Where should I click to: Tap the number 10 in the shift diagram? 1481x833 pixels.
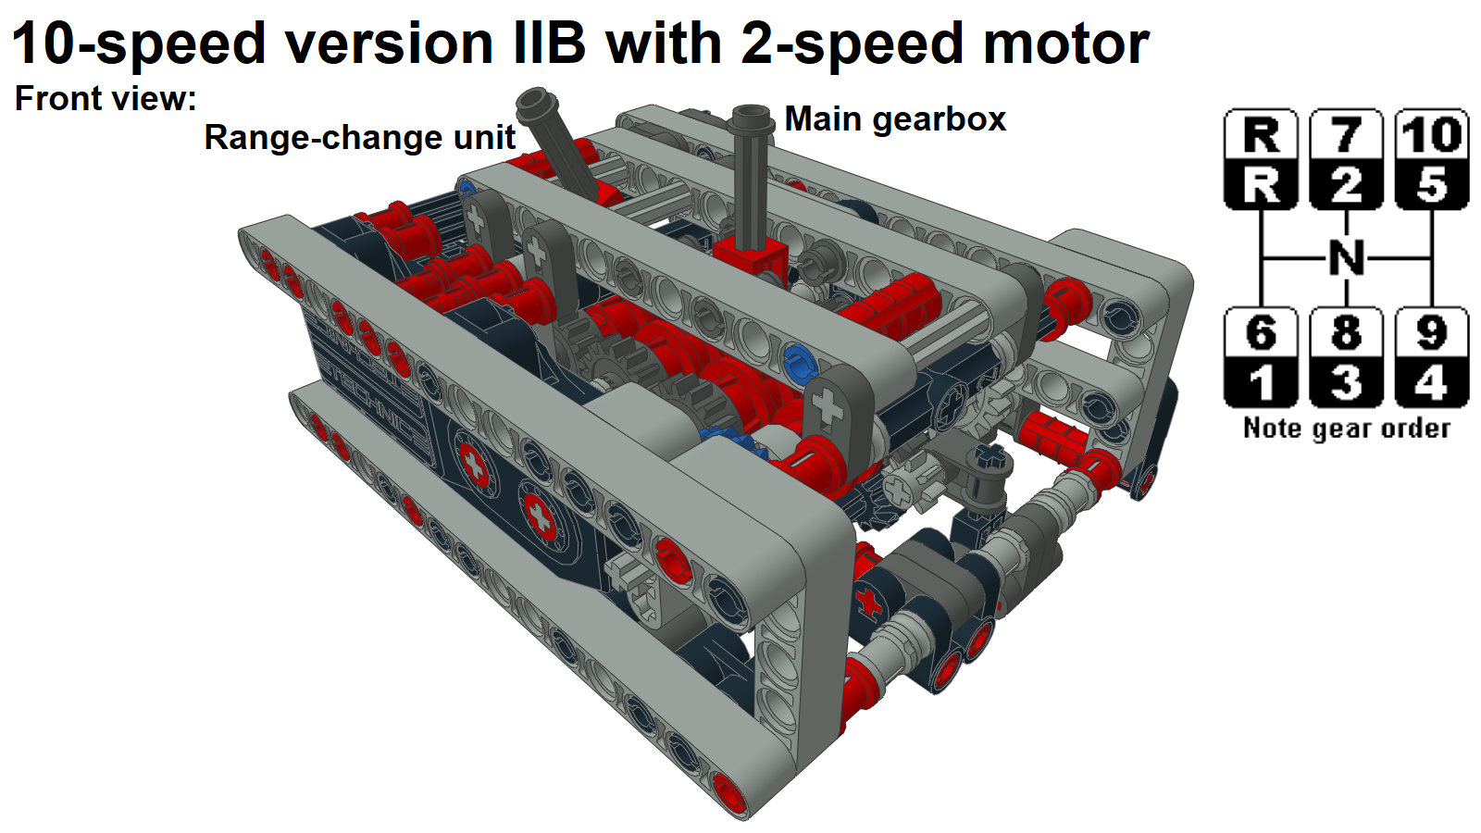coord(1432,134)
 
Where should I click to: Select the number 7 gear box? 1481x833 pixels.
coord(1347,134)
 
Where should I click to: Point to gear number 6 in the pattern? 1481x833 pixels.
coord(1261,332)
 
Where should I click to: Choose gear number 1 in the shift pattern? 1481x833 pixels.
coord(1261,382)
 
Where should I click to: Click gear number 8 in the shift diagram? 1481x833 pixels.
coord(1347,332)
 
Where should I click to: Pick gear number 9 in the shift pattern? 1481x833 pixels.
coord(1432,332)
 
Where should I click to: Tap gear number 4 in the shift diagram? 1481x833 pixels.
coord(1432,382)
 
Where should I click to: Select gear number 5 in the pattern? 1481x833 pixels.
coord(1432,184)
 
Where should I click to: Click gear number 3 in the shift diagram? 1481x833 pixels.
coord(1347,382)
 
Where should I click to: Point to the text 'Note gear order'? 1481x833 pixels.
coord(1347,428)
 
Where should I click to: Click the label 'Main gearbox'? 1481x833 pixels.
coord(895,119)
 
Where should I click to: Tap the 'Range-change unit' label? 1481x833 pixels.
coord(359,138)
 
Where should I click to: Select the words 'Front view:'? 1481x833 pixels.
coord(106,98)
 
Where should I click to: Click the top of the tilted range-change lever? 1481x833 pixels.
coord(534,101)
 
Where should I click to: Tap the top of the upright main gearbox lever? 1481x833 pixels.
coord(752,117)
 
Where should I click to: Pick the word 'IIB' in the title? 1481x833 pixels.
coord(550,44)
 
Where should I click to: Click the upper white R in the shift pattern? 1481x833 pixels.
coord(1261,134)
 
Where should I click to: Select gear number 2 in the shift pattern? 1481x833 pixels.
coord(1347,184)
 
